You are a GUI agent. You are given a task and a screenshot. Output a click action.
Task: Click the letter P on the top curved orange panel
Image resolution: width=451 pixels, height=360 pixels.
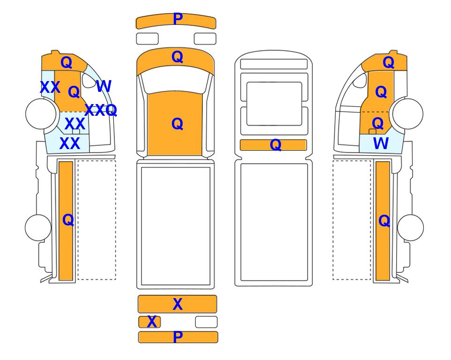point(178,19)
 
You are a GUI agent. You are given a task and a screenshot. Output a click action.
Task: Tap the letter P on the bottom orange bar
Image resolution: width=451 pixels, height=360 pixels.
point(178,337)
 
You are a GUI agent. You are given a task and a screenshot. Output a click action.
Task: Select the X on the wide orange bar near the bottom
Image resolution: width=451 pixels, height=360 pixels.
point(177,304)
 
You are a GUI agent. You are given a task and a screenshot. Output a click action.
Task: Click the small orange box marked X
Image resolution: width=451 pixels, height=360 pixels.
point(149,322)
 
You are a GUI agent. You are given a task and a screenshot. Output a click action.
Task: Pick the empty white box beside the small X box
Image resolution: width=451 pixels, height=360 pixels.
point(206,322)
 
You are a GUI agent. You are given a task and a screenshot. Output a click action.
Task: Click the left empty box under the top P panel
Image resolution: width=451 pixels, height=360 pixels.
point(147,39)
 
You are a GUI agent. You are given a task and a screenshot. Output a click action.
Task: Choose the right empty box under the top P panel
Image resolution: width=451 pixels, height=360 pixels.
point(205,39)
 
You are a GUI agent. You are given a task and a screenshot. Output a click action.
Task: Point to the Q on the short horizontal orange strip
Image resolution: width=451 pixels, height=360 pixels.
point(275,144)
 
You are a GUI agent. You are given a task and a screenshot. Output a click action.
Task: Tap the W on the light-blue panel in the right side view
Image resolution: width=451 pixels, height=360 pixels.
point(381,143)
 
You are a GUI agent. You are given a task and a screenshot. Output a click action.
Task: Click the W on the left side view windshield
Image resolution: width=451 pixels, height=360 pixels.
point(104,86)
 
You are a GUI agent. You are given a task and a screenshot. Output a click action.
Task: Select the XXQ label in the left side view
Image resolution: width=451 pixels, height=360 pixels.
point(101,110)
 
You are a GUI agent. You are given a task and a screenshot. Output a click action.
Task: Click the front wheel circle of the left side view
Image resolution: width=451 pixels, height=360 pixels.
point(41,114)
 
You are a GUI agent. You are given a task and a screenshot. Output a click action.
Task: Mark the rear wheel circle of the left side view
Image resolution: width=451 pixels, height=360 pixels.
point(38,227)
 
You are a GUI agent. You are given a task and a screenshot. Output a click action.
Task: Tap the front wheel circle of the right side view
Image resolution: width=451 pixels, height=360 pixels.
point(408,114)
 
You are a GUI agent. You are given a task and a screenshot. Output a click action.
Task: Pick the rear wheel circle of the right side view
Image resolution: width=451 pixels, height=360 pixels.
point(410,227)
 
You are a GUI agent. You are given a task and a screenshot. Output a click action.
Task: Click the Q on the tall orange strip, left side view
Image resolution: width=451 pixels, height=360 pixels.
point(68,220)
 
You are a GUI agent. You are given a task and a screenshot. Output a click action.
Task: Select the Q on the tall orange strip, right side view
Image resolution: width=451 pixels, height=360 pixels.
point(384,221)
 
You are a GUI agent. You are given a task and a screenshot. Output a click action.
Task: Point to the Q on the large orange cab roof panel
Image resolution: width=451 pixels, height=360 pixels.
point(177,124)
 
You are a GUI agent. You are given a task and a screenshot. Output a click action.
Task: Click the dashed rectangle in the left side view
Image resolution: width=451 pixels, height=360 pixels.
point(97,220)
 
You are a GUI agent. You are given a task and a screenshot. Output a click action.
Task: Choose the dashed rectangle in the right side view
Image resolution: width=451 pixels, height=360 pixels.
point(352,220)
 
